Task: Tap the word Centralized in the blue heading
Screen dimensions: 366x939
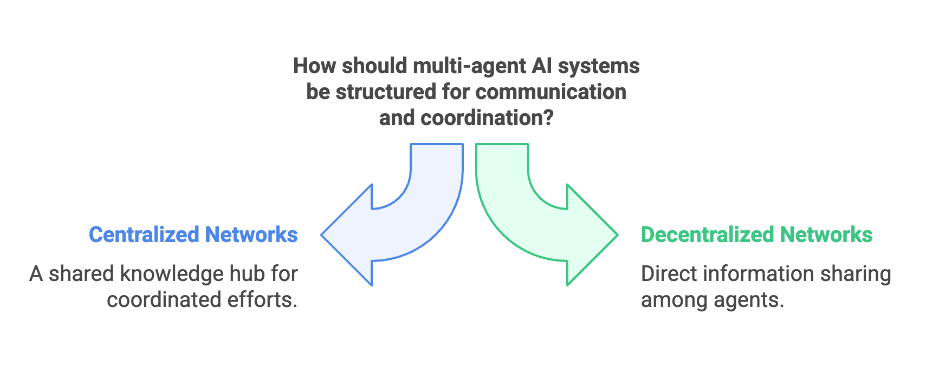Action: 144,234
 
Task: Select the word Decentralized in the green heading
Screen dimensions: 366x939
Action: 708,234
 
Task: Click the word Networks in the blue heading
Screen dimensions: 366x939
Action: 251,234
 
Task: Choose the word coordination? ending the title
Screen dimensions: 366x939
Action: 487,118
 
